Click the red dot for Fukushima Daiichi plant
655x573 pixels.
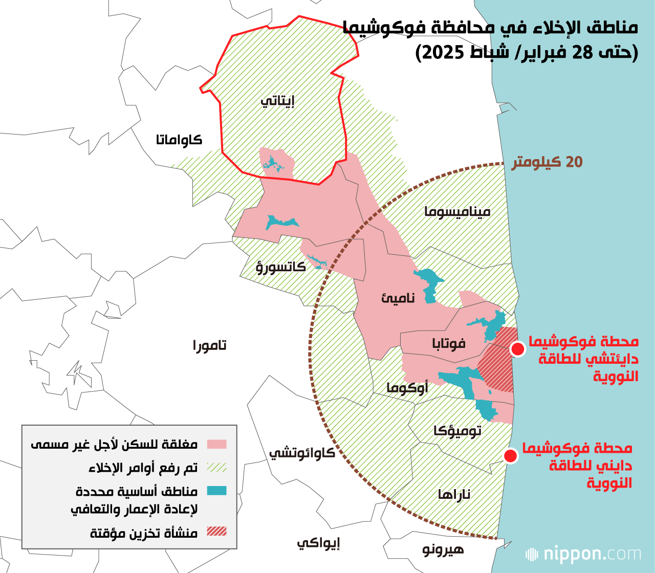click(x=517, y=349)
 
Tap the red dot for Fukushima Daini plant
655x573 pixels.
click(x=510, y=456)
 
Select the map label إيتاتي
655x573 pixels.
click(x=278, y=101)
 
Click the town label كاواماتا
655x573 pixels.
click(x=179, y=140)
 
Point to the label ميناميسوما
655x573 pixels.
click(x=457, y=211)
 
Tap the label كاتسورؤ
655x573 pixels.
click(x=280, y=267)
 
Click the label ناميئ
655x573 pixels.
click(x=398, y=298)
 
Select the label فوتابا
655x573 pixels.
click(x=449, y=343)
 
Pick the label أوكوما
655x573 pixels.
click(x=407, y=388)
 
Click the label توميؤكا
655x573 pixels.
click(x=457, y=431)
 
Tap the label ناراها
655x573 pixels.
click(x=454, y=494)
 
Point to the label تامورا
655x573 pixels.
click(x=209, y=345)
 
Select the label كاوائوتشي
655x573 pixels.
click(x=302, y=453)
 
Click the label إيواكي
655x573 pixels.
click(x=318, y=543)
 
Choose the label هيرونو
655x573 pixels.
click(x=443, y=549)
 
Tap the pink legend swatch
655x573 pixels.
click(x=216, y=444)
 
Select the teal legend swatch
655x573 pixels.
click(x=216, y=491)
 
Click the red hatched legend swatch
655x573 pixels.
click(x=216, y=532)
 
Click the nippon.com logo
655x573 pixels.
click(x=583, y=554)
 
